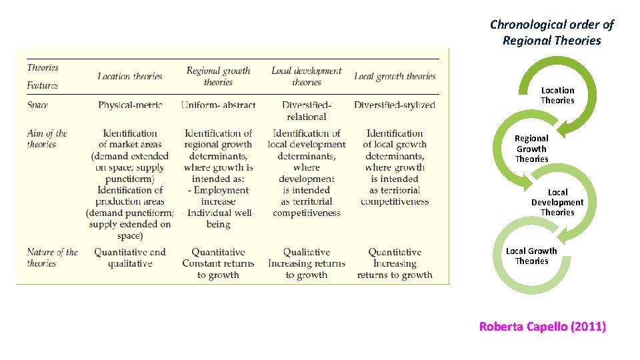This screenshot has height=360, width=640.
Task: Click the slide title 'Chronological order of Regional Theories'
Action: click(551, 33)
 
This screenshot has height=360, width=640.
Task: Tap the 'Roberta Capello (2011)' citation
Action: click(543, 327)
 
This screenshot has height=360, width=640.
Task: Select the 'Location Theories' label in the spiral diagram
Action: click(557, 95)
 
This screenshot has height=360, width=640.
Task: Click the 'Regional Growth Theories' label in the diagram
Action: click(531, 149)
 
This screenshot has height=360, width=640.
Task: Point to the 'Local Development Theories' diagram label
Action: click(557, 202)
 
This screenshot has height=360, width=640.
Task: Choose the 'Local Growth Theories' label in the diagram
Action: click(531, 256)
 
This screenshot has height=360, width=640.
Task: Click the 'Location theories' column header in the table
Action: click(130, 77)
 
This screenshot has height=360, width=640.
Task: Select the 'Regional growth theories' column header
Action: click(218, 77)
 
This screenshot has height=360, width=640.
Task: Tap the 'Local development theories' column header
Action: click(306, 77)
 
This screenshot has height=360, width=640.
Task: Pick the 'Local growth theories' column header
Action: click(395, 77)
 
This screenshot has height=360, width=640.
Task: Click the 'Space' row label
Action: click(37, 105)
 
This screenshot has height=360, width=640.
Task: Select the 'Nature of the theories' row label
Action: click(52, 258)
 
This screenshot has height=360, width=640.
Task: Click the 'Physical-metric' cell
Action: click(130, 105)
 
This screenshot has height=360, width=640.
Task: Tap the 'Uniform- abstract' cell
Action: click(218, 105)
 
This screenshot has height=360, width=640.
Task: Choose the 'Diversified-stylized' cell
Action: click(395, 105)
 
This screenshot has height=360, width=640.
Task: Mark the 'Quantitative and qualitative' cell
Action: click(130, 258)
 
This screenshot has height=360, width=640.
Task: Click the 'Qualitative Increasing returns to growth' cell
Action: click(307, 263)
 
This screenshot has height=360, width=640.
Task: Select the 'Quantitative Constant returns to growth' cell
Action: click(218, 263)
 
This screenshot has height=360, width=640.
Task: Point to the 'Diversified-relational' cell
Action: click(307, 111)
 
